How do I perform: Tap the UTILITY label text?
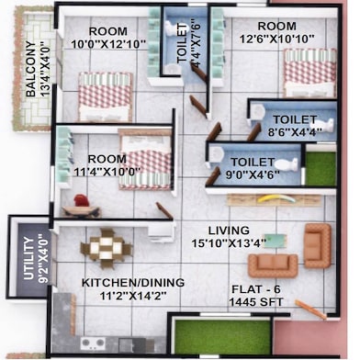pyautogui.click(x=28, y=258)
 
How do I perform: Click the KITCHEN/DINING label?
pyautogui.click(x=132, y=282)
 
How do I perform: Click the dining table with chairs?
pyautogui.click(x=107, y=249)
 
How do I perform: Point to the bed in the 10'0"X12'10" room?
pyautogui.click(x=104, y=95)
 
